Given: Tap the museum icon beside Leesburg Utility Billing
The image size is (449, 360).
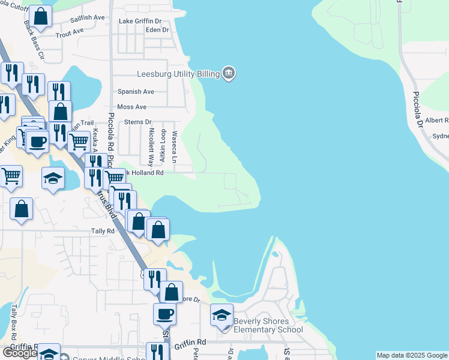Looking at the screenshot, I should (x=229, y=74).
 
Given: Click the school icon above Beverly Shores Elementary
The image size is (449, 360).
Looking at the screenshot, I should (x=221, y=315).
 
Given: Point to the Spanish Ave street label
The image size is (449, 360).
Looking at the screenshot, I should (x=136, y=92).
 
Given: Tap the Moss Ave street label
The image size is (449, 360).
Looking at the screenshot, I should (x=132, y=107).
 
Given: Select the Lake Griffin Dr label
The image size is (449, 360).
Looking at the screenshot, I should (x=143, y=21).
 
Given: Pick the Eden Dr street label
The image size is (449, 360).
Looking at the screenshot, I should (x=157, y=29).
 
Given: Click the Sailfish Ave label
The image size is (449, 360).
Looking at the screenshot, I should (x=88, y=19).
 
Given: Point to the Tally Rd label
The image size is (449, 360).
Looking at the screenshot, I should (x=103, y=231).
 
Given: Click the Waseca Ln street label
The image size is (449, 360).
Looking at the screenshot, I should (x=175, y=147).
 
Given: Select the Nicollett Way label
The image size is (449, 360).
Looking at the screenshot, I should (x=152, y=146).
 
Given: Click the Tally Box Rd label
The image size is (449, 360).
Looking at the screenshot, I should (x=14, y=320).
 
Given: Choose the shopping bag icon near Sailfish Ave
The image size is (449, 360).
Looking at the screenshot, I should (x=40, y=17).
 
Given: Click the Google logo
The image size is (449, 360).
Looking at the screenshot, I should (x=19, y=353).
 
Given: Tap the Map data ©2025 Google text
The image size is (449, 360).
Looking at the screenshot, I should (x=411, y=355).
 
